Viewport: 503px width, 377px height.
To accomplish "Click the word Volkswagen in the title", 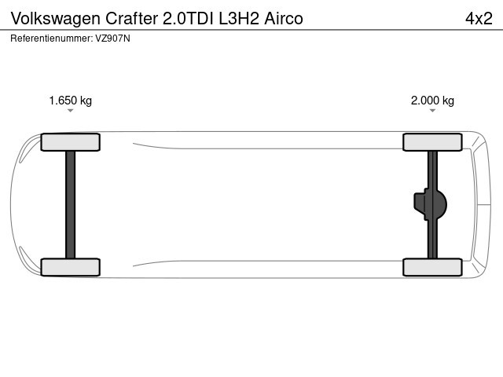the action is point(56,19).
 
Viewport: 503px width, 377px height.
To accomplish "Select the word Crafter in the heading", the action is point(131,18).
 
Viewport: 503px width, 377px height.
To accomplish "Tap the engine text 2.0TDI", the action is point(188,18).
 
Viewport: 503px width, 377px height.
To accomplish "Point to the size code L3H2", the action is point(239,18).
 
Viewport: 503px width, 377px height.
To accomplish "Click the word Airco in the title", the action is point(284,18).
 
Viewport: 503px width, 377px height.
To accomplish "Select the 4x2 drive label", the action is point(479,18).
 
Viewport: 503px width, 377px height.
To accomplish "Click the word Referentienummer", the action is point(51,38).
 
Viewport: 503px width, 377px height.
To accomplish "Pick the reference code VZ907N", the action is point(112,38).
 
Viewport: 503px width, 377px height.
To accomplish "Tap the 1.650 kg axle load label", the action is point(70,101).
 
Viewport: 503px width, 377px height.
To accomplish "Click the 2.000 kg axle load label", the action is point(432,101).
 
